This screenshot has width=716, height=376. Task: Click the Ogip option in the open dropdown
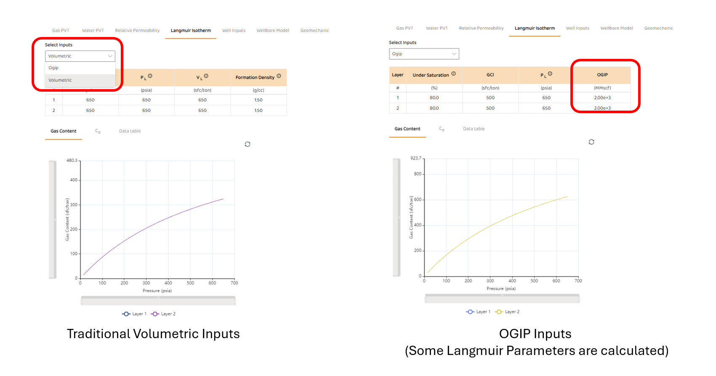click(54, 68)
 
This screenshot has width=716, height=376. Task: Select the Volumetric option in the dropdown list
click(60, 80)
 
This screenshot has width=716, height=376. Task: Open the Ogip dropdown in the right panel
click(424, 54)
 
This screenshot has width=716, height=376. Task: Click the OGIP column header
click(602, 75)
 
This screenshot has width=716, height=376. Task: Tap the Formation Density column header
click(255, 77)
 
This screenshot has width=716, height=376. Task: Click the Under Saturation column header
click(431, 75)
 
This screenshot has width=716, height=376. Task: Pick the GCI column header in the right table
click(490, 75)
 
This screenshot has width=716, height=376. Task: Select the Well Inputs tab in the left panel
click(234, 31)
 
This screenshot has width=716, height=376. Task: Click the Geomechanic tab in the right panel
click(658, 28)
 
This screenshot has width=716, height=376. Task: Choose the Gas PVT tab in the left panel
click(61, 31)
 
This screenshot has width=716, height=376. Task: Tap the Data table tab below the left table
click(130, 131)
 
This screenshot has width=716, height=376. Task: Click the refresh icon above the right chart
click(591, 142)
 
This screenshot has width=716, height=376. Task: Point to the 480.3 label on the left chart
click(72, 161)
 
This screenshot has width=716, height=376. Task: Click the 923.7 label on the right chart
click(416, 158)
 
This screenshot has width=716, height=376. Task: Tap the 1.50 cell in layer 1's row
click(258, 100)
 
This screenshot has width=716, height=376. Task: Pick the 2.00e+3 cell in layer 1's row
click(602, 98)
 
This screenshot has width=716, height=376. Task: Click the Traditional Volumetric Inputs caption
click(153, 334)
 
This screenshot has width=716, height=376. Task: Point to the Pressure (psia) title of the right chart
click(501, 289)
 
